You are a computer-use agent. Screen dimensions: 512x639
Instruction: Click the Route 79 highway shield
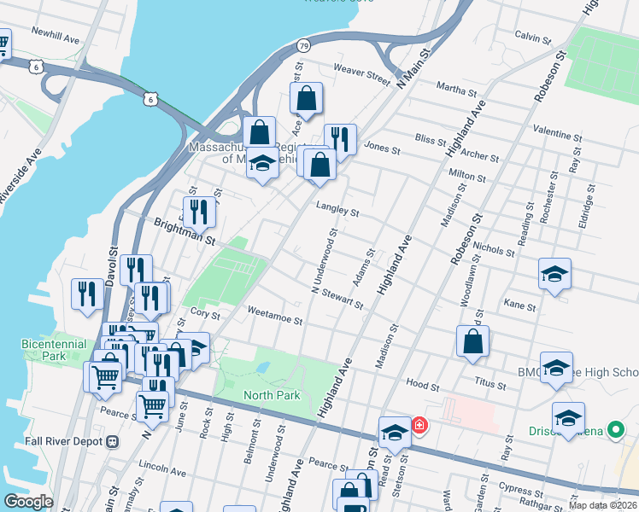click(304, 45)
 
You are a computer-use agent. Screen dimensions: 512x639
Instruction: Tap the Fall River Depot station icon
click(111, 441)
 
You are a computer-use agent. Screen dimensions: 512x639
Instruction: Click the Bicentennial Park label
click(54, 349)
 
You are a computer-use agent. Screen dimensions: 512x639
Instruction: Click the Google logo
click(28, 501)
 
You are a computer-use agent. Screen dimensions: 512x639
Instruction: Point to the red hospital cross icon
click(419, 424)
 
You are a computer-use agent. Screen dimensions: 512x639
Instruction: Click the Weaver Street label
click(361, 72)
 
